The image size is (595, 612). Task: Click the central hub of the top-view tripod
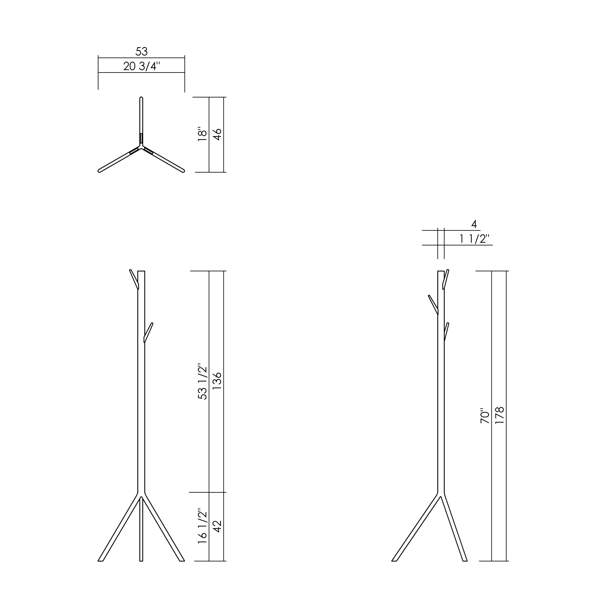coord(141,146)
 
